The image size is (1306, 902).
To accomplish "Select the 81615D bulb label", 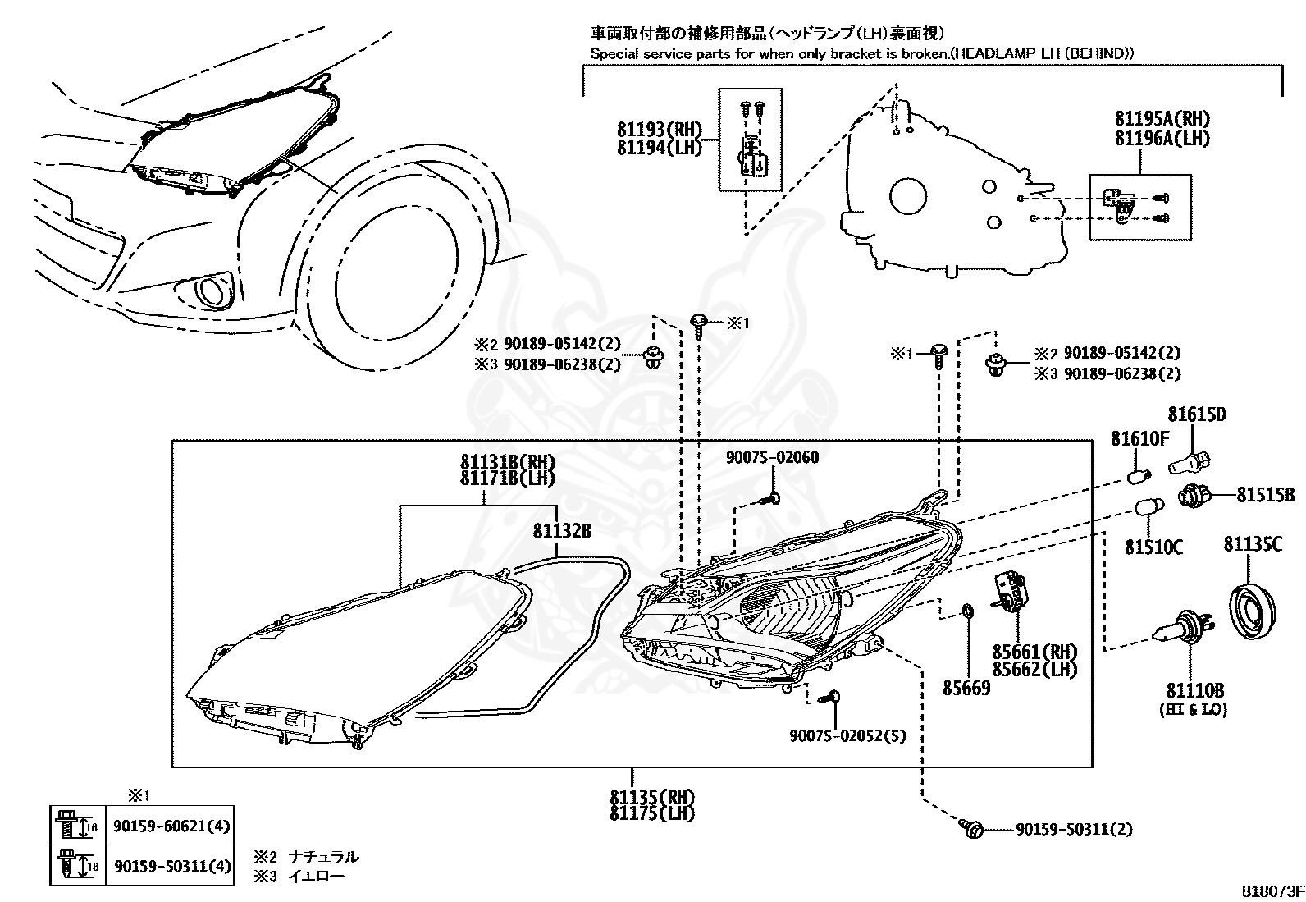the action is coord(1197,414).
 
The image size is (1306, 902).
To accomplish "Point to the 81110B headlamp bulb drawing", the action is coord(1185,629).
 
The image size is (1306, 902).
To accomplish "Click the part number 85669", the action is coord(966,688).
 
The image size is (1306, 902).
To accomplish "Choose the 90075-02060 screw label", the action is coord(772,457).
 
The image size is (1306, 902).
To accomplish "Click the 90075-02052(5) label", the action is coord(847,735).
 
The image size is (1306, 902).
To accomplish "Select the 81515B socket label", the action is coord(1265,495).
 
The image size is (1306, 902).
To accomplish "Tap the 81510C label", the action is coord(1154,547).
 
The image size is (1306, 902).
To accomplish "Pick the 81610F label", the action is coord(1139,438).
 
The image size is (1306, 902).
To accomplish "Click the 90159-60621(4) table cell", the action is coord(171,826).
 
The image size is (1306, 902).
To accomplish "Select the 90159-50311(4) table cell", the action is coord(171,866).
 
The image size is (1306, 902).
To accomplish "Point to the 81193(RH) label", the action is coord(660,129).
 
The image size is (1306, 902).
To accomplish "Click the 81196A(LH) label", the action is coord(1162,138).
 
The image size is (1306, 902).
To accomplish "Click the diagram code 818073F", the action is coord(1273,891).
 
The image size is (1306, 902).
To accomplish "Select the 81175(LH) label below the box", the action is coord(652,813).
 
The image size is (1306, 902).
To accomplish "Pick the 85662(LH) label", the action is coord(1035,669).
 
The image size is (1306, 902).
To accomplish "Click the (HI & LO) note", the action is coord(1194,709).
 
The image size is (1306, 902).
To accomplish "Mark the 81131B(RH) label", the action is coord(508,461).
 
